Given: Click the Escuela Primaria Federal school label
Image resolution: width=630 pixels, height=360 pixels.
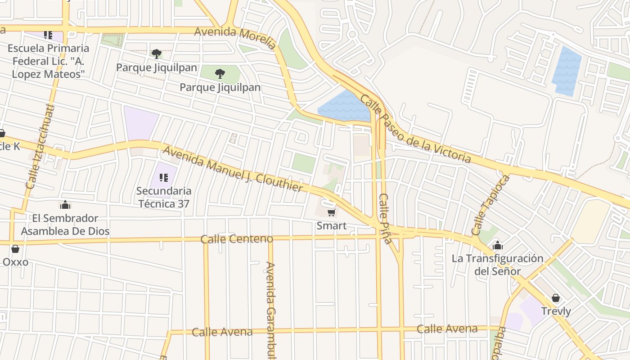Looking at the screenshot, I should pos(48,61).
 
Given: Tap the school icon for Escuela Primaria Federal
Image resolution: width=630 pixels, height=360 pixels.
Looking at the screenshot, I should pos(48,35).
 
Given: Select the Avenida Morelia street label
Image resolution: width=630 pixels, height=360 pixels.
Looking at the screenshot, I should pos(235,38).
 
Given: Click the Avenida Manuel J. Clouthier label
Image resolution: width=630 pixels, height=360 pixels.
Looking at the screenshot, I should pos(233,169).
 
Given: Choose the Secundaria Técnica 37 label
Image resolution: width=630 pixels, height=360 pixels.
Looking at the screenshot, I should pos(164,197).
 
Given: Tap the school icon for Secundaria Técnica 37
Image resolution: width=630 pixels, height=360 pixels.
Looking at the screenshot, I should pos(164,178).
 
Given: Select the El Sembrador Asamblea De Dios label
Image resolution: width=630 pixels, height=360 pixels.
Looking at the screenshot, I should pos(65,225).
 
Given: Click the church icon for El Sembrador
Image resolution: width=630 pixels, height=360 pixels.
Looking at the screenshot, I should pos(65,205).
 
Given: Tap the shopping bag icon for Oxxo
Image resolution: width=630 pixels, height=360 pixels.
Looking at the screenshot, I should pos(15,249).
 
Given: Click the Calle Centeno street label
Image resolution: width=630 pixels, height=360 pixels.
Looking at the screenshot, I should pos(237,239).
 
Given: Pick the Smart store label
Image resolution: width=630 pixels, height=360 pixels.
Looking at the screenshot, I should pos(332,226).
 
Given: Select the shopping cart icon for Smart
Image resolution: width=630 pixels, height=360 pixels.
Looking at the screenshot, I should pos(332,212).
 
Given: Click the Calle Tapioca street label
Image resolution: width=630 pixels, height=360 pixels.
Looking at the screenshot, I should pos(491,205).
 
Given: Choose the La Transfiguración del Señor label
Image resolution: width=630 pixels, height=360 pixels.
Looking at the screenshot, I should pos(497,265).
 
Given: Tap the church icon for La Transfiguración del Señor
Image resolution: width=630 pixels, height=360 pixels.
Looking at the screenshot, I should pos(497,245).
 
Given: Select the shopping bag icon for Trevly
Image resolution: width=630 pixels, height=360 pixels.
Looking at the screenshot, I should pos(556,298).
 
